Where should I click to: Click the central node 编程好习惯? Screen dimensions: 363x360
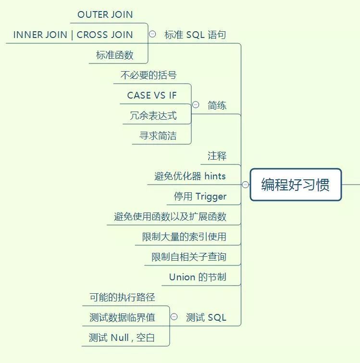click(295, 185)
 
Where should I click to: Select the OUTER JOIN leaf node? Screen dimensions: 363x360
click(105, 14)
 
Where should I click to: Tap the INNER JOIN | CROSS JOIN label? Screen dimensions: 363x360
click(73, 35)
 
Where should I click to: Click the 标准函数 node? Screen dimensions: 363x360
click(114, 55)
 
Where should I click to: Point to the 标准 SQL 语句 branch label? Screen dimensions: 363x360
click(195, 35)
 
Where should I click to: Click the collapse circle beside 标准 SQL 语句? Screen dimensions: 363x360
click(152, 34)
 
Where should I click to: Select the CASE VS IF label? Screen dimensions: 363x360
click(152, 95)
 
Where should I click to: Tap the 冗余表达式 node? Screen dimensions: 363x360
click(153, 115)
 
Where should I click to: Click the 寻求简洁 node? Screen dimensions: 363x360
click(158, 136)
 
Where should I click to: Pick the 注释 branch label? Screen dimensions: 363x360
click(217, 156)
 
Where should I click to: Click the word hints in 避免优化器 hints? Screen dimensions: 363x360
click(215, 176)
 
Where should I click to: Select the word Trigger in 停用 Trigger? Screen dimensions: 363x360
click(211, 196)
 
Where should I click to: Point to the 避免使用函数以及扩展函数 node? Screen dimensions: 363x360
click(170, 216)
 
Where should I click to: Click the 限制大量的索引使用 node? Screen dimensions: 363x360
click(184, 237)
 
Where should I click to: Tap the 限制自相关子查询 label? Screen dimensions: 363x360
click(189, 257)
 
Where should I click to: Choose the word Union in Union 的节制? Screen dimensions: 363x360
click(182, 277)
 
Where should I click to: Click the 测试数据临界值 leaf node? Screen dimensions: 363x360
click(122, 317)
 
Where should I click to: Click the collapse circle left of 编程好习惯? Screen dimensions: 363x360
click(245, 185)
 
